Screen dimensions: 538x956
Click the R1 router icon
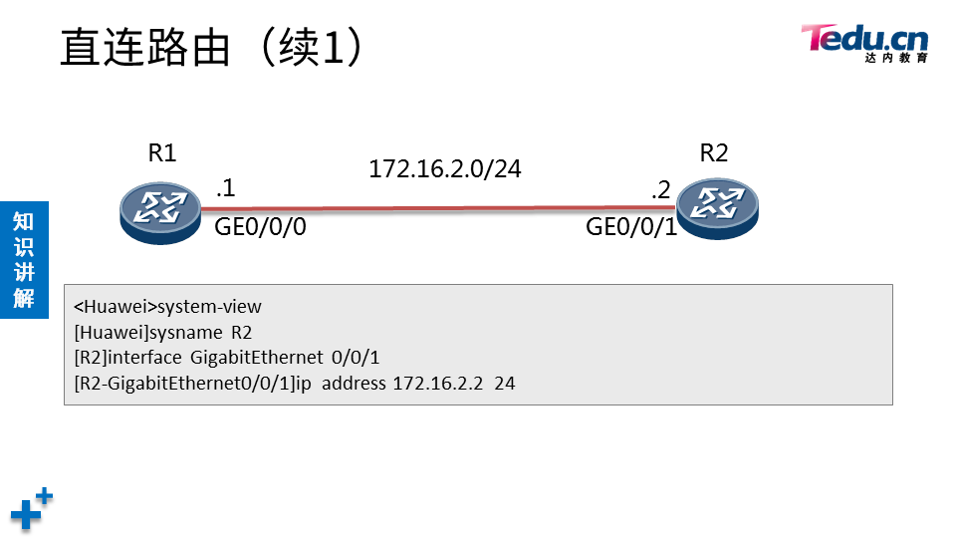click(x=159, y=210)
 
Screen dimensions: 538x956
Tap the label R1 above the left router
click(x=162, y=152)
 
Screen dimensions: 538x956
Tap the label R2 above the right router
click(x=714, y=152)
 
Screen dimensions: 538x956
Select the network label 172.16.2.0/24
click(x=445, y=169)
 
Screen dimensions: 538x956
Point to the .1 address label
click(x=225, y=187)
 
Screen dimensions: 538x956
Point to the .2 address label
click(x=660, y=189)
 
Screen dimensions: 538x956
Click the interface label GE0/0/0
click(x=260, y=227)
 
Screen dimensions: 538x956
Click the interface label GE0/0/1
click(x=631, y=227)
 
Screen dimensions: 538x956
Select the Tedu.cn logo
click(x=864, y=42)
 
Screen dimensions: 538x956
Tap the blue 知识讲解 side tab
click(x=24, y=259)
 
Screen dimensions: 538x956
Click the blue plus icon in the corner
click(x=31, y=509)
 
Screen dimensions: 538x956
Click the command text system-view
click(x=209, y=307)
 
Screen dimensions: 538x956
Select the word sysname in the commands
click(x=186, y=333)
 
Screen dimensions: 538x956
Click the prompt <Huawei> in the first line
click(x=116, y=307)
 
